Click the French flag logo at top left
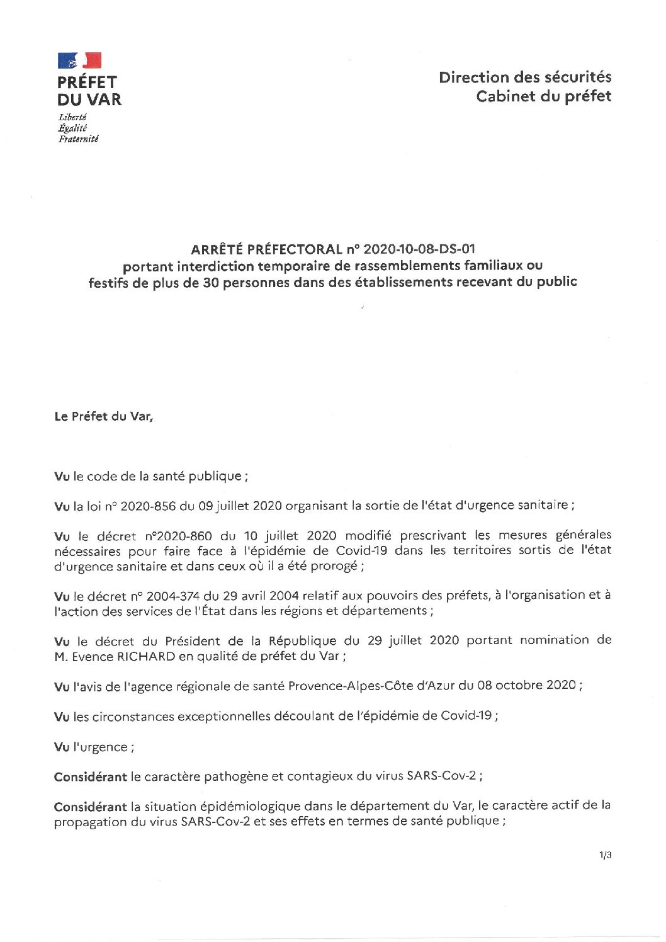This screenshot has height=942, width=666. click(79, 60)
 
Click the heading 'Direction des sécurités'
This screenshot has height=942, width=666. click(525, 77)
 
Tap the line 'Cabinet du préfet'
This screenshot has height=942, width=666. click(543, 96)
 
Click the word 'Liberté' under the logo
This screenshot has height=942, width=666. click(72, 117)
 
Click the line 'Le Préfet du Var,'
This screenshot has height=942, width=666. click(104, 416)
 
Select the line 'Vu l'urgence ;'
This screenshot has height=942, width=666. click(94, 747)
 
